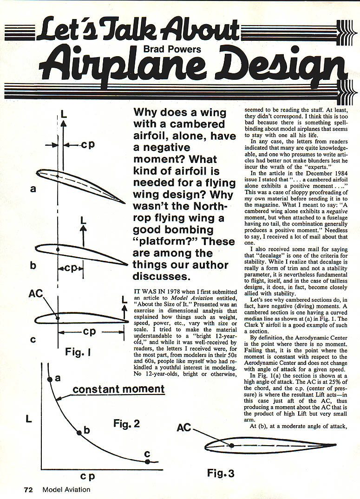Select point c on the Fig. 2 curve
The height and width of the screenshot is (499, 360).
(x=147, y=461)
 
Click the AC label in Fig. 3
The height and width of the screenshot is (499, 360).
(x=184, y=427)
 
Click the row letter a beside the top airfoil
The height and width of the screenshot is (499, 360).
(x=33, y=189)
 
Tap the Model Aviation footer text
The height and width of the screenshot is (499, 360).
(x=66, y=489)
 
